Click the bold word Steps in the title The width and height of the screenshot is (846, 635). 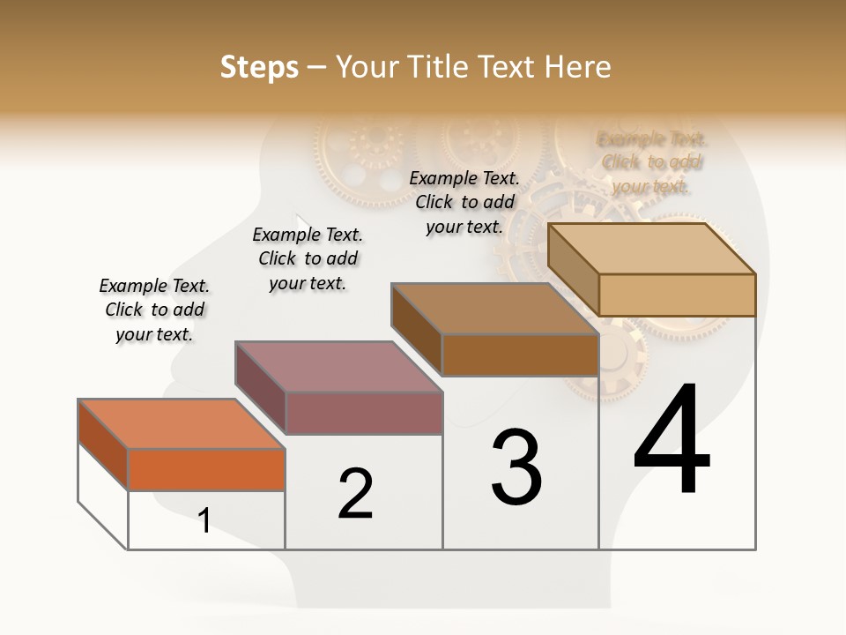point(259,67)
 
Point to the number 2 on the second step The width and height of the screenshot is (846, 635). point(356,493)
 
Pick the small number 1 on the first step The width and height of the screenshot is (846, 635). point(204,520)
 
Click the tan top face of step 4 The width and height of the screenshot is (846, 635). point(652,248)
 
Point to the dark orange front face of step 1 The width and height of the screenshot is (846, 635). point(206,469)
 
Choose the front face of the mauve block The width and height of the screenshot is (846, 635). point(364,413)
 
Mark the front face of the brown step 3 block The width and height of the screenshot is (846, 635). point(520,355)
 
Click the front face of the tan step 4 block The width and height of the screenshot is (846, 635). point(677,295)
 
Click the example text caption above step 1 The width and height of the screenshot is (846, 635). point(154,310)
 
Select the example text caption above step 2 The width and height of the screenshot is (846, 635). point(308,258)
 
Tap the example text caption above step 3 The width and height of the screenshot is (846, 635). point(464,202)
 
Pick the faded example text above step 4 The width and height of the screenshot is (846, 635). point(652,162)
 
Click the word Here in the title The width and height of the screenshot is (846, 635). point(578,67)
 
